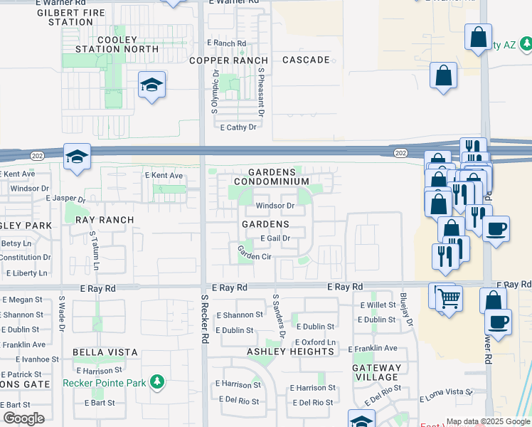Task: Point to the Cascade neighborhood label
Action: tap(307, 60)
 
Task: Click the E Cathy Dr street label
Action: tap(238, 127)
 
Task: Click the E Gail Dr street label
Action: tap(275, 238)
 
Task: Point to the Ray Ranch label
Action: tap(104, 220)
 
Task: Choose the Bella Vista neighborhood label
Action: tap(105, 352)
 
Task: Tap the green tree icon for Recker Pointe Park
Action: tap(156, 383)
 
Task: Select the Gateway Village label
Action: tap(376, 372)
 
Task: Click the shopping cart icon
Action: tap(449, 298)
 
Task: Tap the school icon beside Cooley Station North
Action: tap(151, 86)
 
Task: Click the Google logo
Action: tap(23, 418)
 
